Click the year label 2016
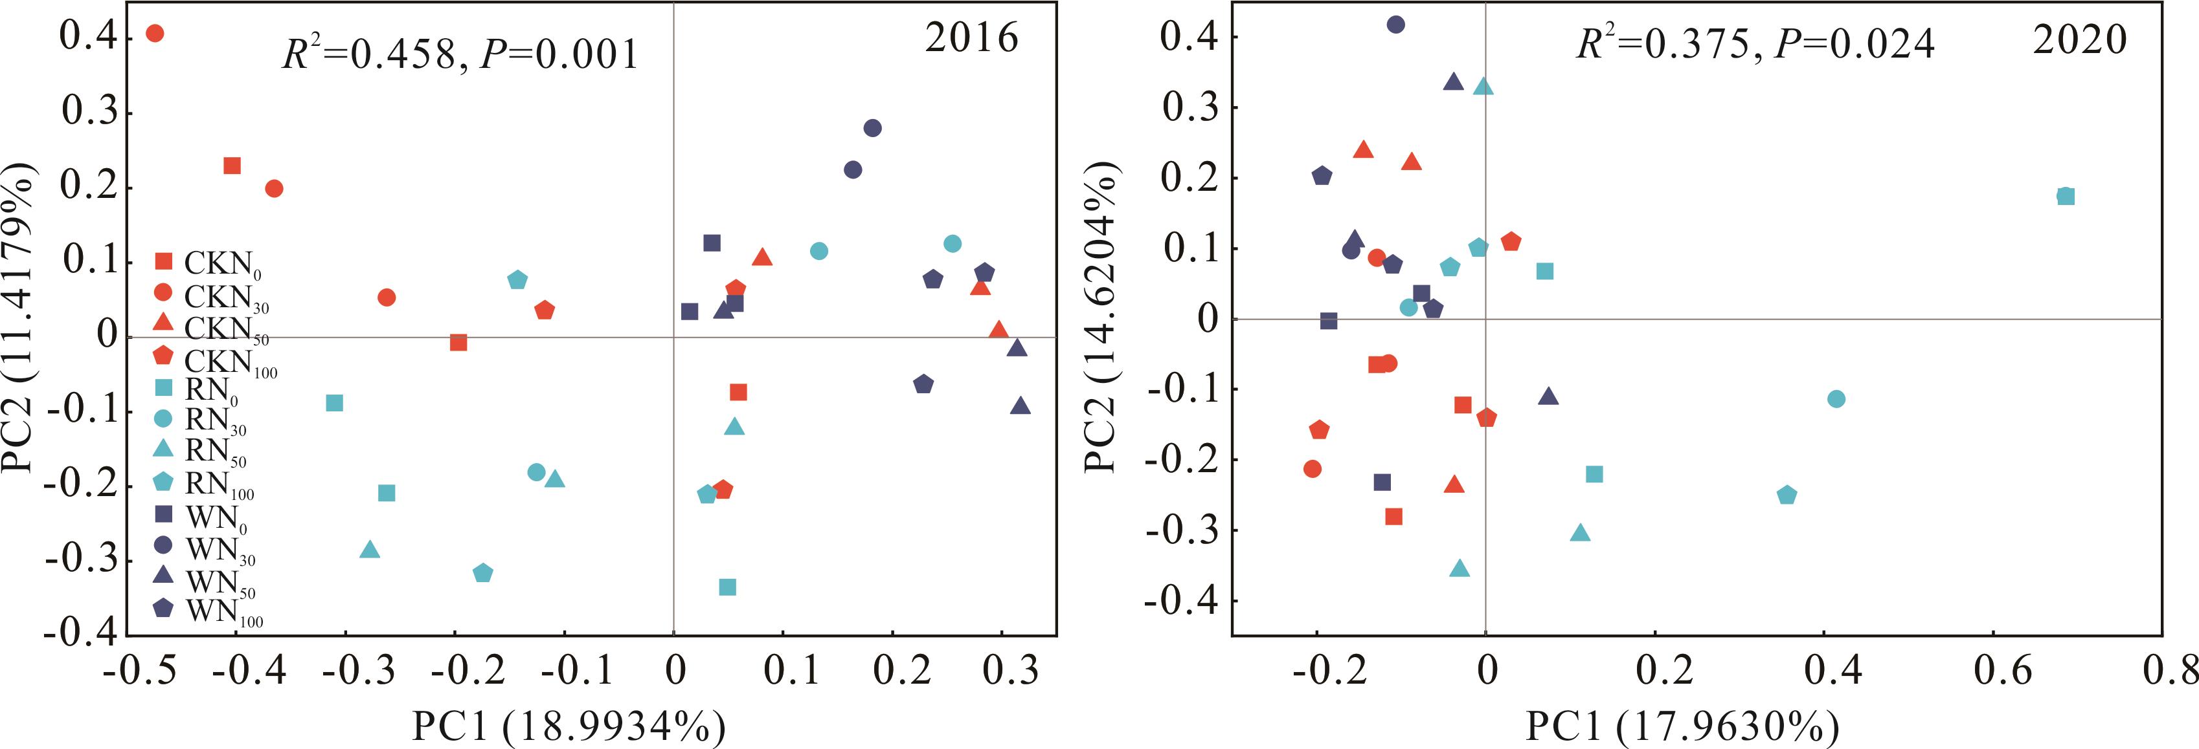coord(971,38)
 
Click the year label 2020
coord(2079,40)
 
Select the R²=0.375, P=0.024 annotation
coord(1755,43)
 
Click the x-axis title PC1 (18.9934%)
coord(569,726)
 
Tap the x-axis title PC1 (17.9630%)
coord(1682,726)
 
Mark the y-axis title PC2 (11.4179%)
coord(19,318)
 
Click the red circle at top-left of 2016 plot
coord(155,33)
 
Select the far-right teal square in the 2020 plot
coord(2065,196)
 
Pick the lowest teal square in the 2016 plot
coord(727,587)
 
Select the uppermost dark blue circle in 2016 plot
coord(872,128)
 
